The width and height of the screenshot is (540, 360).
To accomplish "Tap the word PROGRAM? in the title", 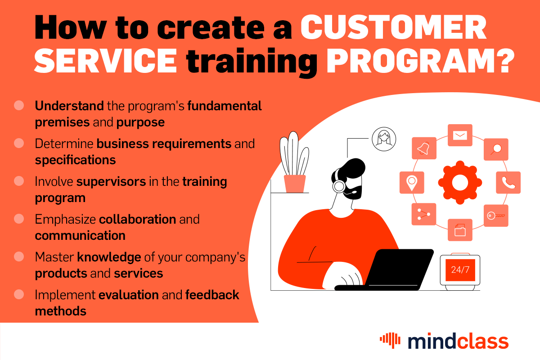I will pyautogui.click(x=418, y=62).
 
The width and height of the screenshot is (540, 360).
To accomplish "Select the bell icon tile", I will pyautogui.click(x=424, y=148).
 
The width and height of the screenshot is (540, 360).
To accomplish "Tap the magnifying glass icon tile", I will pyautogui.click(x=496, y=149).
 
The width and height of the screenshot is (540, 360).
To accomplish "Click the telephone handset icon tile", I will pyautogui.click(x=508, y=182).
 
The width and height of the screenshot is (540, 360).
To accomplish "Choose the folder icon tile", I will pyautogui.click(x=460, y=230).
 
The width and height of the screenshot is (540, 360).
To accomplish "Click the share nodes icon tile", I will pyautogui.click(x=424, y=214).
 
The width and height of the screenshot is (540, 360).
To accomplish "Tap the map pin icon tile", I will pyautogui.click(x=411, y=182).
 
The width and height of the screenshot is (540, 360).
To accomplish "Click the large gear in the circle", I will pyautogui.click(x=460, y=183).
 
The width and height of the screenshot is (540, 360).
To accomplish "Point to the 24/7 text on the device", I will pyautogui.click(x=459, y=270).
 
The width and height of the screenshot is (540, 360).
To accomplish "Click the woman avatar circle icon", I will pyautogui.click(x=384, y=139).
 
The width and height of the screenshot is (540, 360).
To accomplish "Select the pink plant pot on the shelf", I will pyautogui.click(x=295, y=184).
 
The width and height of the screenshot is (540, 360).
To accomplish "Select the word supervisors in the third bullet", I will pyautogui.click(x=111, y=182).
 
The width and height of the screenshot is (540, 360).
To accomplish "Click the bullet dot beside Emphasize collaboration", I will pyautogui.click(x=19, y=219).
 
